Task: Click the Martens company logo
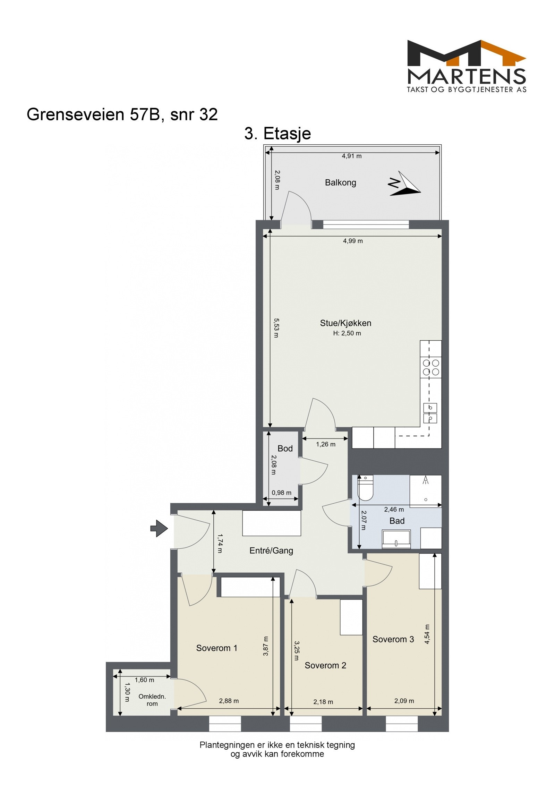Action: coord(466,66)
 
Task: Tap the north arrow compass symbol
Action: coord(404,184)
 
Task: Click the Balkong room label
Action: coord(340,182)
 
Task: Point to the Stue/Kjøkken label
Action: coord(345,323)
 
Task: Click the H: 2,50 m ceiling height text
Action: coord(347,333)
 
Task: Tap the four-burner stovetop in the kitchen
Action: coord(430,368)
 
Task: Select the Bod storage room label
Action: coord(285,449)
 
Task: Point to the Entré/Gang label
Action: coord(271,551)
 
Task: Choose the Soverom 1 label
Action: coord(217,648)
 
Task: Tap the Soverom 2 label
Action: coord(325,665)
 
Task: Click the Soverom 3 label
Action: coord(393,639)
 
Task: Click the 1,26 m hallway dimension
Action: coord(325,444)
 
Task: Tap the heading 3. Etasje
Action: coord(277,134)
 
